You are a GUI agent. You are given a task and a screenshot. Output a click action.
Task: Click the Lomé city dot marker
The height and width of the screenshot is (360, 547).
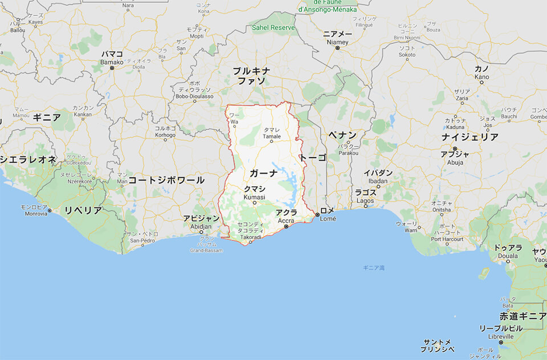tap(317, 215)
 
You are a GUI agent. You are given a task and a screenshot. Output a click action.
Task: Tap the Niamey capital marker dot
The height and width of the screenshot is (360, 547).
tap(337, 48)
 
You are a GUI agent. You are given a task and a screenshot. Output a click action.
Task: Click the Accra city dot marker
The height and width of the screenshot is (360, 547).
tap(286, 227)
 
